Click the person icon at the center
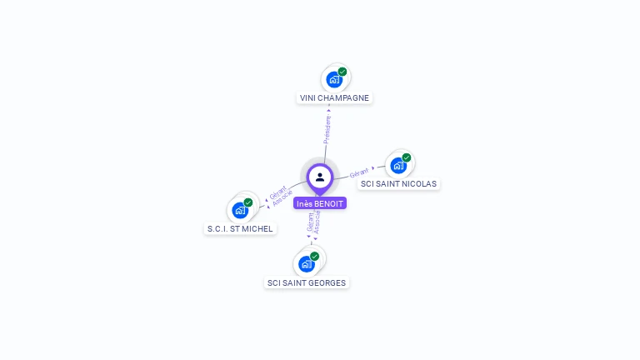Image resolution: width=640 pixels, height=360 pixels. tap(320, 177)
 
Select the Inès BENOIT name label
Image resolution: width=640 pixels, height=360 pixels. tap(320, 203)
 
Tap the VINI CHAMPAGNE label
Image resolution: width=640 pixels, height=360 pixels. tap(334, 97)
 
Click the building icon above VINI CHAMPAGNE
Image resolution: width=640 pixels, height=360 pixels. tap(334, 80)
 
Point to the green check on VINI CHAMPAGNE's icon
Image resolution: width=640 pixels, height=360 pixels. tap(342, 72)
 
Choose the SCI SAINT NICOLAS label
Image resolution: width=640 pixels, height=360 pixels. tap(398, 183)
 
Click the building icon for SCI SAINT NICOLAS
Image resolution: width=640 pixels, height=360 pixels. tap(398, 165)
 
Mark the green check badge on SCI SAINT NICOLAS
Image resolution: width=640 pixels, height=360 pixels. tap(407, 157)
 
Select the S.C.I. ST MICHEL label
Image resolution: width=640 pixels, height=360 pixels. tap(240, 228)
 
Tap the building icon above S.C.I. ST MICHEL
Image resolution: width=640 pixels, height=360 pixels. tap(240, 210)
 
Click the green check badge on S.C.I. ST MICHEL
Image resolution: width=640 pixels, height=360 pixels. tap(248, 202)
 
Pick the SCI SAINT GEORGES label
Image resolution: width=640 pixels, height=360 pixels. tap(307, 282)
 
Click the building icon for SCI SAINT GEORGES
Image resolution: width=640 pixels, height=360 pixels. tap(306, 264)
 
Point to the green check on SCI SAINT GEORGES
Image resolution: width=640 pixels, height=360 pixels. tap(315, 256)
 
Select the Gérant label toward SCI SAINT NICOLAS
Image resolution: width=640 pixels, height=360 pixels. tap(359, 172)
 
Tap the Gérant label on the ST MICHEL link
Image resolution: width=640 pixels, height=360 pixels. tap(278, 191)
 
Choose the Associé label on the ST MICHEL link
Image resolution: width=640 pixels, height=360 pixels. tap(282, 198)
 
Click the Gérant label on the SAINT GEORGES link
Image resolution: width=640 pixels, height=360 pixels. tap(310, 221)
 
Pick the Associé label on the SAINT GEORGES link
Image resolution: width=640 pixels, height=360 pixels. tap(317, 221)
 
